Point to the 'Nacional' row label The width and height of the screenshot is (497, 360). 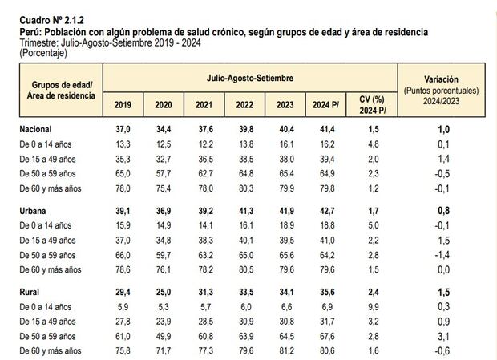tap(38, 129)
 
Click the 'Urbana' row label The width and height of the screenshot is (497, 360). tap(34, 211)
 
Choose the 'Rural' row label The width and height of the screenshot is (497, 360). tap(30, 293)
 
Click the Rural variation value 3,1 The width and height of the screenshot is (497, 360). tap(442, 336)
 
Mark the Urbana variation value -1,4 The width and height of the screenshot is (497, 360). tap(442, 254)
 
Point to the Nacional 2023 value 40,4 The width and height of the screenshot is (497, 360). tap(285, 129)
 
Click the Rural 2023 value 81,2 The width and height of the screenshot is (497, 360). tap(285, 350)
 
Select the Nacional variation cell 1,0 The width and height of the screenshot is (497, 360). tap(442, 129)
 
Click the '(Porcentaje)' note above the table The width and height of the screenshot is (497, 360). tap(44, 53)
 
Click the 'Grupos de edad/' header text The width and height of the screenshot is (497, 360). tap(62, 84)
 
